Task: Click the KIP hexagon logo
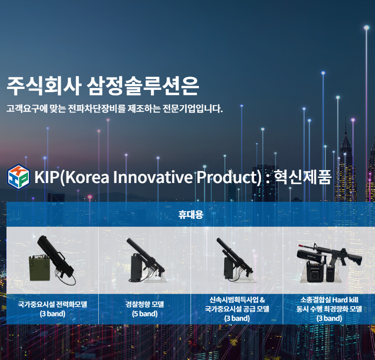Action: coord(18,177)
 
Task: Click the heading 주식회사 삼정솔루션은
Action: coord(102,86)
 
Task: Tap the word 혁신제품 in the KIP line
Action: coord(303,177)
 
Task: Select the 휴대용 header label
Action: coord(190,214)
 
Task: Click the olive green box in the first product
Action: coord(40,268)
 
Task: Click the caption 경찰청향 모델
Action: coord(145,304)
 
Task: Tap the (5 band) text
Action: coord(145,313)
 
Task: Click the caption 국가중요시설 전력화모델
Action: coord(53,304)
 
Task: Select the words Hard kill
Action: coord(345,300)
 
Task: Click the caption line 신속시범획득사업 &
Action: coord(237,300)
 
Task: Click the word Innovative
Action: coord(153,177)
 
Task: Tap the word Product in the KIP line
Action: coord(227,177)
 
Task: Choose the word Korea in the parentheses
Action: coord(87,177)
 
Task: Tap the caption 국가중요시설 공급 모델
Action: coord(237,309)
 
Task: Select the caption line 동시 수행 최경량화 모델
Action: coord(329,309)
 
